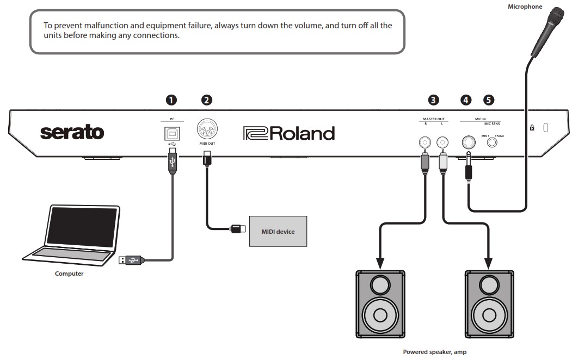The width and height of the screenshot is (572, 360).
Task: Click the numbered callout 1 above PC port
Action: [x=171, y=100]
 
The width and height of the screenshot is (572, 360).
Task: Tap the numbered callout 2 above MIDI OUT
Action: [x=206, y=100]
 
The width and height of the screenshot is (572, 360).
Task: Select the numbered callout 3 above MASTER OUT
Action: [x=433, y=100]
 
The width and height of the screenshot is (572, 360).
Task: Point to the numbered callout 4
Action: [x=466, y=100]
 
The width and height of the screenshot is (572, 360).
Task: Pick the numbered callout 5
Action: [x=489, y=100]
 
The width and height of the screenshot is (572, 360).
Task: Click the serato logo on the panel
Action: [x=72, y=132]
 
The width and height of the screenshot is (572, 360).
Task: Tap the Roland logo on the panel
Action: [x=289, y=133]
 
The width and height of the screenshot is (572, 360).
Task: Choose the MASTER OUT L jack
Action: [x=442, y=142]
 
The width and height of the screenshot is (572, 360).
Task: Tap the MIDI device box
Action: [x=278, y=232]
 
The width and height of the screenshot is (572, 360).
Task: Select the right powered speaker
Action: [x=488, y=303]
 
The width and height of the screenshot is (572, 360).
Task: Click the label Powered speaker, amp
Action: [x=434, y=352]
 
